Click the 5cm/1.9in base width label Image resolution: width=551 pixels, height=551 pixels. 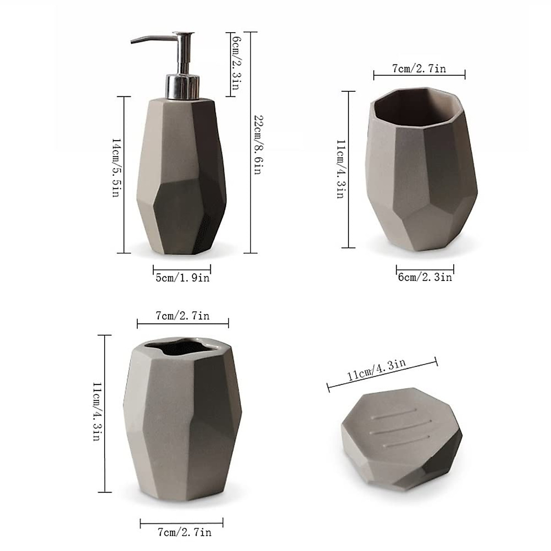point(182,278)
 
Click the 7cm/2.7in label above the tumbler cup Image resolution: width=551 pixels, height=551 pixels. point(419,69)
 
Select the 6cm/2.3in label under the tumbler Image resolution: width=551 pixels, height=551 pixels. point(425,277)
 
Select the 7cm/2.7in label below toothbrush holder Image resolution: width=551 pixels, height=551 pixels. point(184,532)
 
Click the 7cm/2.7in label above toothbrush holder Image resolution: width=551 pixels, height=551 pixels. point(182,315)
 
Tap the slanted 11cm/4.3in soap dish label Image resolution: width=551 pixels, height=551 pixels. point(377,370)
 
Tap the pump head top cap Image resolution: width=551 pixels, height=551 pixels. point(183,34)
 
